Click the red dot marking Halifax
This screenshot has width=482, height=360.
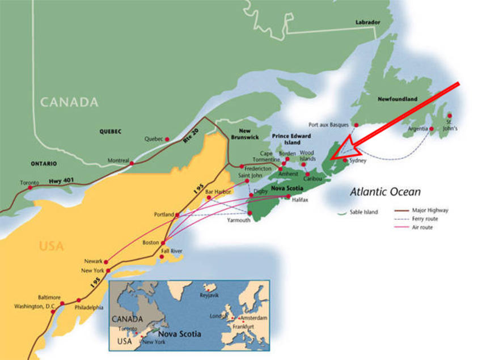coord(289,196)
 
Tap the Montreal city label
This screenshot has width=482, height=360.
coord(116,160)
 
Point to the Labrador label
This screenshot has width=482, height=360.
coord(367,22)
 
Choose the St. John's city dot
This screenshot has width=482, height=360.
coord(450,115)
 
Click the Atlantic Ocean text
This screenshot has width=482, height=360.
coord(385,192)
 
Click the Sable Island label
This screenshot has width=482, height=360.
coord(363,213)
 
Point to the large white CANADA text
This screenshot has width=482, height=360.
coord(69,102)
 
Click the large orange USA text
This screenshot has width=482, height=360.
coord(51,246)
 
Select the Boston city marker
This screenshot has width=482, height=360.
coord(163,242)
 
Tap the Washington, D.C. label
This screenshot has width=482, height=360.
coord(35,307)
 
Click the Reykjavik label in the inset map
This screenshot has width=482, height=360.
coord(211,295)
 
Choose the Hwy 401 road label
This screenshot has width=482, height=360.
coord(63,181)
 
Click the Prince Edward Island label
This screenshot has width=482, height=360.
coord(291,139)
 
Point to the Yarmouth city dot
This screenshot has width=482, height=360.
coord(250,213)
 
